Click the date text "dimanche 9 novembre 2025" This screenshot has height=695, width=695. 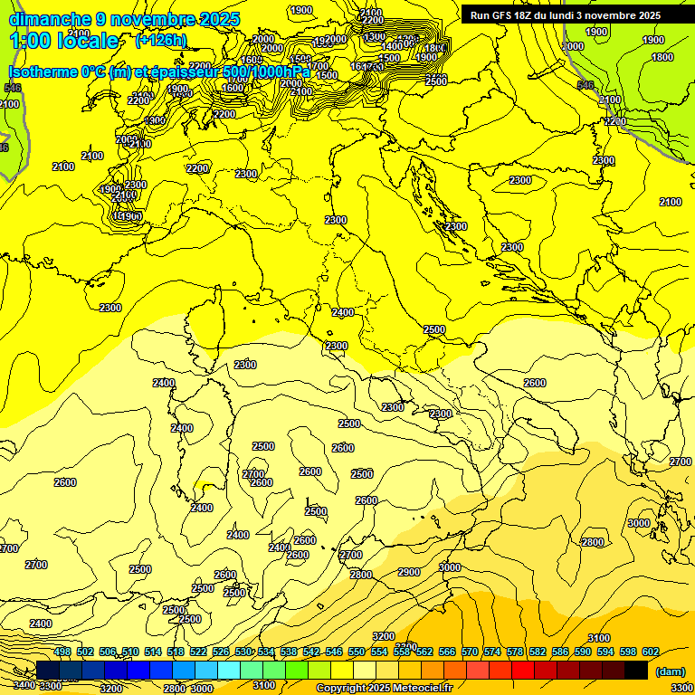[124, 19]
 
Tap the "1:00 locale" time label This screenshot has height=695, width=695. [64, 41]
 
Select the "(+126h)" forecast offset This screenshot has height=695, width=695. [160, 40]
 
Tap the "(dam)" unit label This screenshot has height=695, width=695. [670, 671]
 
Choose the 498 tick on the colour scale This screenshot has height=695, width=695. [62, 652]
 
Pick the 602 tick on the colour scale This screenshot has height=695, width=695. [651, 652]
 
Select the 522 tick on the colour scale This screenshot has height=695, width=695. [198, 652]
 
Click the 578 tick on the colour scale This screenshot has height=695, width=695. [515, 652]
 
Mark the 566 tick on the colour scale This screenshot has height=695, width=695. [447, 652]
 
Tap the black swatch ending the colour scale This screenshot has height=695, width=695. [635, 670]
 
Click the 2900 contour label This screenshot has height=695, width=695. [409, 572]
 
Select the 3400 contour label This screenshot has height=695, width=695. [24, 685]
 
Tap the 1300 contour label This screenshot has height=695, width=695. [155, 120]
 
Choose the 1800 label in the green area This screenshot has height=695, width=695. [662, 57]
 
